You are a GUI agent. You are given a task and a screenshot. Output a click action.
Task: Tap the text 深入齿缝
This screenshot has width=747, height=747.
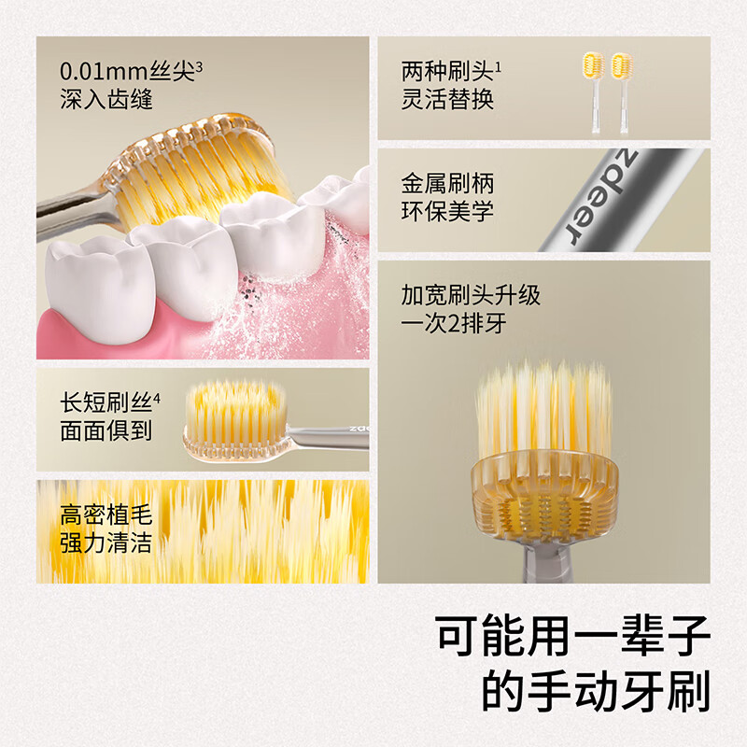[106, 99]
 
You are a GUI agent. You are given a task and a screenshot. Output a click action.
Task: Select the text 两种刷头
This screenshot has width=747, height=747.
[447, 72]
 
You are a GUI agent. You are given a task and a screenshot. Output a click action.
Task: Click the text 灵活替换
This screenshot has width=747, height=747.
[447, 99]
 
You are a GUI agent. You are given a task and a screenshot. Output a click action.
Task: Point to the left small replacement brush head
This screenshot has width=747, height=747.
[594, 92]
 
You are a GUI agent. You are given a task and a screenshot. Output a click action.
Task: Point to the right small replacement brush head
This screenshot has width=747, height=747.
[622, 92]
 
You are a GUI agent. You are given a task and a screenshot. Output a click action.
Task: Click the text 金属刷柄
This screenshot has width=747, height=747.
[447, 183]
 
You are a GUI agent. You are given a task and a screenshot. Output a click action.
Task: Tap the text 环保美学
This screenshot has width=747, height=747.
[447, 211]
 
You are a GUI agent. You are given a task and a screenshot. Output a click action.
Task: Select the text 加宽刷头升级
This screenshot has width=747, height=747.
[471, 295]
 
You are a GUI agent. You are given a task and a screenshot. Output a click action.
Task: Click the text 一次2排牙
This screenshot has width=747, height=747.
[453, 323]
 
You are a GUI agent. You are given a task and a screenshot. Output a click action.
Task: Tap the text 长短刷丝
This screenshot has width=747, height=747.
[106, 403]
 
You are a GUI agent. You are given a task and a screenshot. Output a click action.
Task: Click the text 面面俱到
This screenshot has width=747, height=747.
[106, 430]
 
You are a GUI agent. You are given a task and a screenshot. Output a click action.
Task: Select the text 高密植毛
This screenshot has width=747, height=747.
[106, 515]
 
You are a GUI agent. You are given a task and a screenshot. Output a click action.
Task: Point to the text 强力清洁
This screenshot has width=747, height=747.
[106, 543]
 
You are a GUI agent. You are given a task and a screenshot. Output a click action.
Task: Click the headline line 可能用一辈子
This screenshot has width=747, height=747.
[573, 636]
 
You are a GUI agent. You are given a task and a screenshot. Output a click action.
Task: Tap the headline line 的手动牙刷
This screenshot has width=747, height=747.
[596, 691]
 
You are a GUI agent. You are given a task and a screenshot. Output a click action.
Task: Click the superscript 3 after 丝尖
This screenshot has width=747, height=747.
[199, 67]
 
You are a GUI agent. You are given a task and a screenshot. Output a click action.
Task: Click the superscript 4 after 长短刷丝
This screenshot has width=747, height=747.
[157, 399]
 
